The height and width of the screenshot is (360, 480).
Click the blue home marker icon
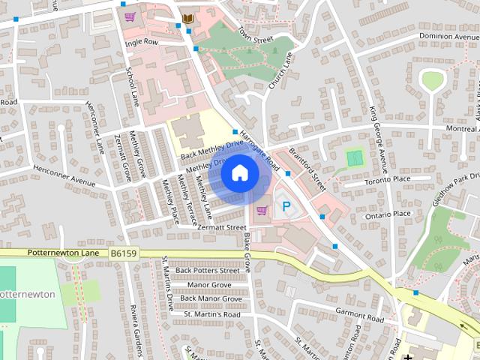(239, 173)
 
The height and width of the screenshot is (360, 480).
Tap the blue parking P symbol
(285, 205)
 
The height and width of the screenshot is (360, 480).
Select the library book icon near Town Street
(188, 18)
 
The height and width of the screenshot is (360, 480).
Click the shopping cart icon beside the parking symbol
(262, 210)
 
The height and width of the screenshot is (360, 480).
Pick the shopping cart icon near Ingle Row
(130, 16)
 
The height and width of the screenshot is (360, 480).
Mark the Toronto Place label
(388, 180)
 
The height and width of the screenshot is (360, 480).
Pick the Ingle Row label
(142, 43)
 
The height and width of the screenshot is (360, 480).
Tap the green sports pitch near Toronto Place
(355, 158)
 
